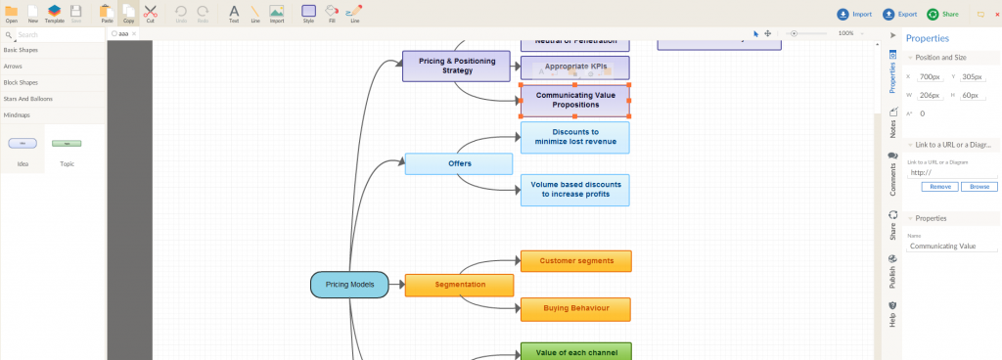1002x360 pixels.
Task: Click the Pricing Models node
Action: coord(349,285)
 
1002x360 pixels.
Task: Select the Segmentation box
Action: coord(459,285)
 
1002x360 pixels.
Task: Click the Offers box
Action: coord(460,163)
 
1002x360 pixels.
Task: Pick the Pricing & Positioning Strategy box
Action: coord(457,67)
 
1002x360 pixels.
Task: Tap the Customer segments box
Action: coord(576,261)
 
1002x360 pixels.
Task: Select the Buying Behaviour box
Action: coord(576,309)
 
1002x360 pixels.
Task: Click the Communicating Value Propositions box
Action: coord(574,100)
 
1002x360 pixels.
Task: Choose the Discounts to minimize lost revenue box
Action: coord(574,137)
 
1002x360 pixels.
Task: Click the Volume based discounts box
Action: coord(574,190)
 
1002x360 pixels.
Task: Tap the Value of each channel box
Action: coord(576,351)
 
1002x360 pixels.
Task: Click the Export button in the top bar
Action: coord(900,15)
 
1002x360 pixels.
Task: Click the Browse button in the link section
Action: coord(979,186)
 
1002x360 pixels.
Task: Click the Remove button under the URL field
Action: coord(940,186)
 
